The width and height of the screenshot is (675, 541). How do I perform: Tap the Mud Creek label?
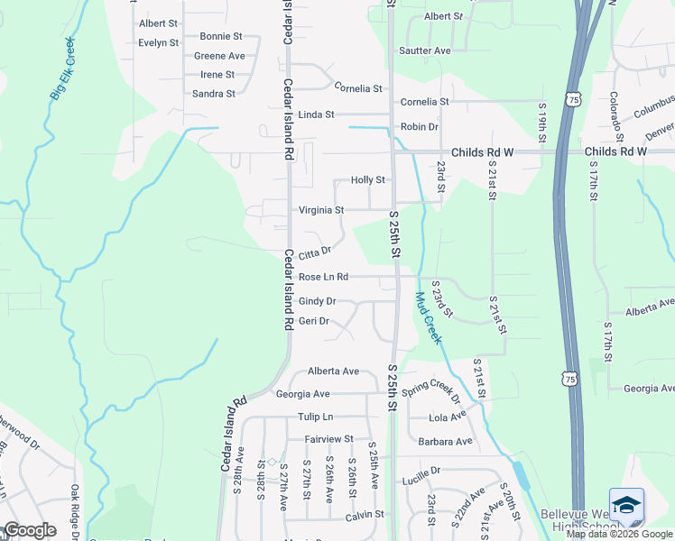(x=428, y=317)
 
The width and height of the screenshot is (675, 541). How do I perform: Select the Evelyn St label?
(x=159, y=42)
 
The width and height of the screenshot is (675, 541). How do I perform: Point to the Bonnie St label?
(x=221, y=37)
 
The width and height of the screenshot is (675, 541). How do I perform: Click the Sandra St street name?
(x=214, y=94)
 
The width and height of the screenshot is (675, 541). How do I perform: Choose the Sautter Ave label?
(x=425, y=51)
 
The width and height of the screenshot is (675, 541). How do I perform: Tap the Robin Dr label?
(x=420, y=127)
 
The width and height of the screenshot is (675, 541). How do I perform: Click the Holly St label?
(x=368, y=180)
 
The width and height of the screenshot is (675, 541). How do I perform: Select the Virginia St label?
(x=321, y=210)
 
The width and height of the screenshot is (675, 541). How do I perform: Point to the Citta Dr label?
(x=315, y=252)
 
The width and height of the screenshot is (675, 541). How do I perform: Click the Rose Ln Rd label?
(x=323, y=277)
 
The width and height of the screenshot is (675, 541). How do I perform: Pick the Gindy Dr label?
(x=317, y=301)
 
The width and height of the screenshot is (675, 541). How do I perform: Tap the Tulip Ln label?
(x=316, y=417)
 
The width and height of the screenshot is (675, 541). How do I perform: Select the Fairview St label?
(x=329, y=439)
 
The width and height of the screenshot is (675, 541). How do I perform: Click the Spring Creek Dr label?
(x=431, y=391)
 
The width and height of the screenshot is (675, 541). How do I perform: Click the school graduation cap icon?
(x=626, y=506)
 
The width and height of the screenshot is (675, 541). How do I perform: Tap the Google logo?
(x=30, y=530)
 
